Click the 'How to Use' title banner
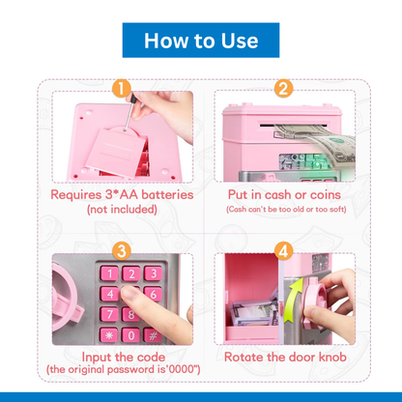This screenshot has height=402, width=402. tap(201, 41)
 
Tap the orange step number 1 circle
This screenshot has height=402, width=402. tap(121, 90)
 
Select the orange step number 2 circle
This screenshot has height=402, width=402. tap(283, 90)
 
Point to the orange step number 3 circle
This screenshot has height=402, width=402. tap(121, 250)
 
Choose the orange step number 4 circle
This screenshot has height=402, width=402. tap(283, 250)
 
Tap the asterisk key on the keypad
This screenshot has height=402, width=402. tap(108, 332)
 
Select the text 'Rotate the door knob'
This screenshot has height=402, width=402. tap(282, 355)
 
